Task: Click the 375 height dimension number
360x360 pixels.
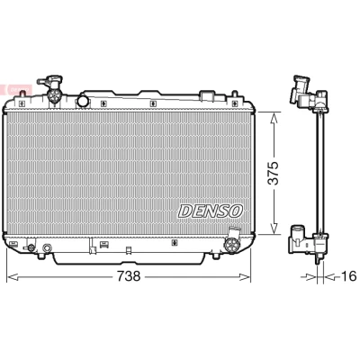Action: (x=273, y=174)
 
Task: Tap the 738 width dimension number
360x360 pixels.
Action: (x=129, y=275)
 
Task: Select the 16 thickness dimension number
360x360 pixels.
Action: (x=349, y=275)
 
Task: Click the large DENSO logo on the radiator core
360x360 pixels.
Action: (x=211, y=211)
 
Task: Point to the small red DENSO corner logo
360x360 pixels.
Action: (x=17, y=89)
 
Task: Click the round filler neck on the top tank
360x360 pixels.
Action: (x=83, y=101)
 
